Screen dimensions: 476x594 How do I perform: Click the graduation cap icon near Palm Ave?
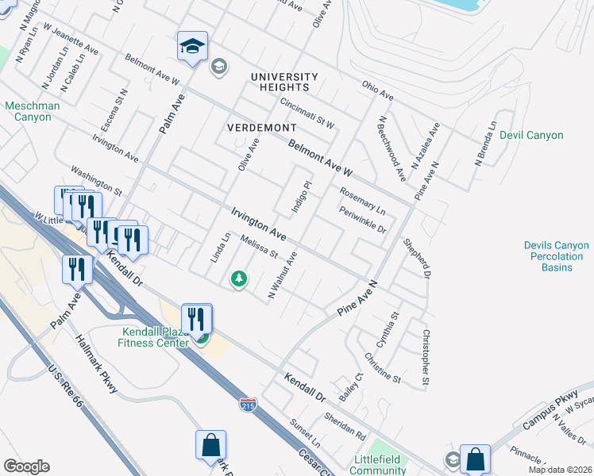(192, 48)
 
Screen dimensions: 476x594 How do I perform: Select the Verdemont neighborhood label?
(261, 127)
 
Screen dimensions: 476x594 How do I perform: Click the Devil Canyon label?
(531, 135)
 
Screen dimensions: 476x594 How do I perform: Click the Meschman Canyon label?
(28, 111)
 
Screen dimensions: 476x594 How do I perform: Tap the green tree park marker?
(238, 279)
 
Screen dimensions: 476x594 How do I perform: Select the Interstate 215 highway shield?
(249, 405)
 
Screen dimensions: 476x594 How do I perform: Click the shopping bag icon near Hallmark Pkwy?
(211, 446)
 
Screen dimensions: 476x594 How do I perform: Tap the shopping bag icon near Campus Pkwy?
(475, 459)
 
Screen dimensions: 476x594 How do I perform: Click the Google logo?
(26, 466)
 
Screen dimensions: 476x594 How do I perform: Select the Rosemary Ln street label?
(362, 202)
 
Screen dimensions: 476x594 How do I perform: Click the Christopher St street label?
(426, 359)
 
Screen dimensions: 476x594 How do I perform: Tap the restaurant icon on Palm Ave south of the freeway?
(77, 269)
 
